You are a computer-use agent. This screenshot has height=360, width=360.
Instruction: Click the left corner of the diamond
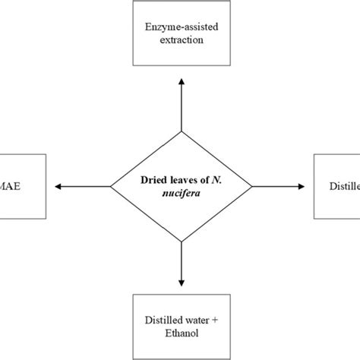pos(111,185)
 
